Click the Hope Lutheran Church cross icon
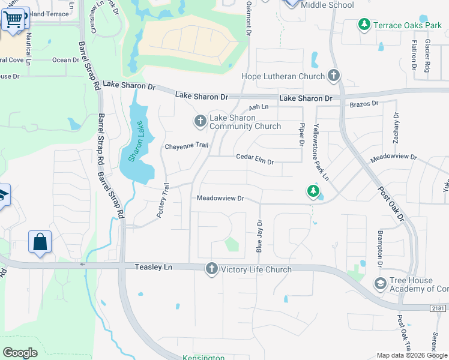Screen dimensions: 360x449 coord(334,76)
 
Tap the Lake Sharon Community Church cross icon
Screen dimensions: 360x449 coord(200,122)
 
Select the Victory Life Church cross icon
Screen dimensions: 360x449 coord(211,269)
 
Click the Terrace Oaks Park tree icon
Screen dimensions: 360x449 coord(364,25)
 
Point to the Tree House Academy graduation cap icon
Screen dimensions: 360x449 coord(380,283)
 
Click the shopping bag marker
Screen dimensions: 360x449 coord(40,242)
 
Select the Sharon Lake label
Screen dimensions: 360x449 coord(137,142)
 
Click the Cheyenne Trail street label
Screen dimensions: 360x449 coord(187,146)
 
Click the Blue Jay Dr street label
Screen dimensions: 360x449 coord(261,235)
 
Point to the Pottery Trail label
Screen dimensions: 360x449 coord(166,200)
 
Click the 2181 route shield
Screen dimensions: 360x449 coord(437,308)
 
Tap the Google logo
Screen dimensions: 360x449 coord(20,352)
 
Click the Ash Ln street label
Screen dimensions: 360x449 coord(258,107)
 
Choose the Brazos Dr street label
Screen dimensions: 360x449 coord(364,104)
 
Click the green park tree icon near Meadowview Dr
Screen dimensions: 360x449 coord(313,191)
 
